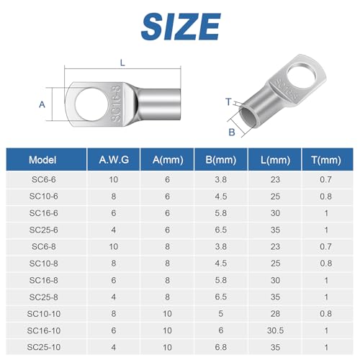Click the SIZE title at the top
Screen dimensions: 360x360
[x=180, y=28]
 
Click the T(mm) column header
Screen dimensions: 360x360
[x=327, y=161]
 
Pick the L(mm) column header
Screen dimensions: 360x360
[x=272, y=161]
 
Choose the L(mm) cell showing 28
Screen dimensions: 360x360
[x=272, y=312]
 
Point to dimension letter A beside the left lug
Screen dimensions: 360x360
[x=42, y=104]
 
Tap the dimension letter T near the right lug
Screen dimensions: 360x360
[x=229, y=103]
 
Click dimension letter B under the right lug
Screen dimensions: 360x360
[x=232, y=132]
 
